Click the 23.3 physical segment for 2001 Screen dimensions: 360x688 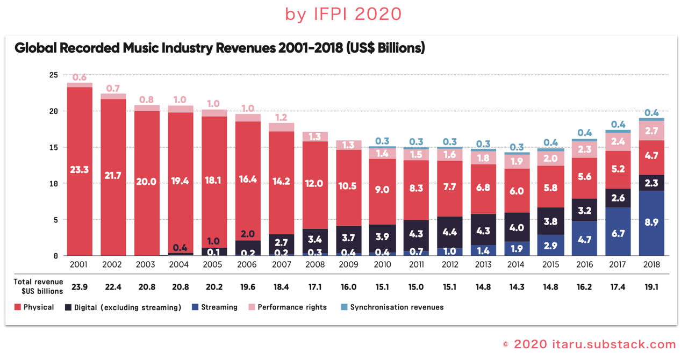pos(79,170)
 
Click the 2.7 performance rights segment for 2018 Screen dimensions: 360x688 pos(651,131)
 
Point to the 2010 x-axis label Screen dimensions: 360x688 pos(382,265)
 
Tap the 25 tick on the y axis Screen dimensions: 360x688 pos(53,75)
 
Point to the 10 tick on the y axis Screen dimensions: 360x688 pos(53,183)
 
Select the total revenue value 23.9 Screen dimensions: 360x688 pos(80,287)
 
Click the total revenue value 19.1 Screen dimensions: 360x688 pos(651,287)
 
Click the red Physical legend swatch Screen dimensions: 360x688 pos(18,307)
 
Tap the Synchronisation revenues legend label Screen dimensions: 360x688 pos(397,307)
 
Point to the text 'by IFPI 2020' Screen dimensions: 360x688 pos(343,15)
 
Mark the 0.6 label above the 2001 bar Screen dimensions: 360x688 pos(80,77)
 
